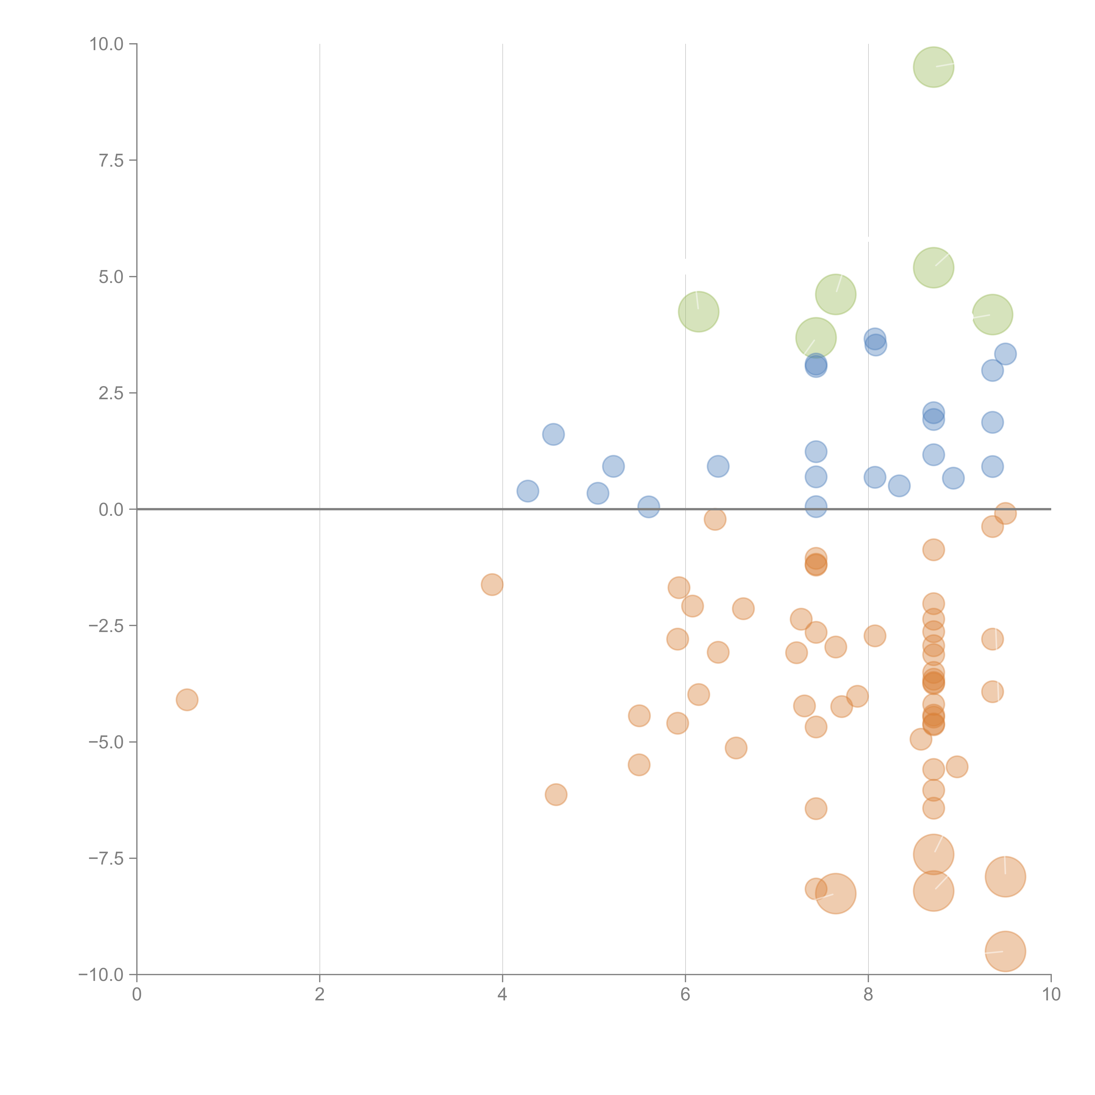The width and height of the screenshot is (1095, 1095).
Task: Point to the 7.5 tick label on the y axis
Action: coord(111,160)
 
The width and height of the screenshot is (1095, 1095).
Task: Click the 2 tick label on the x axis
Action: coord(320,995)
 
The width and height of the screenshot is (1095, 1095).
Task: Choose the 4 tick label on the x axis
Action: coord(502,995)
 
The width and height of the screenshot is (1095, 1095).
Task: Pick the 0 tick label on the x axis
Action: coord(137,995)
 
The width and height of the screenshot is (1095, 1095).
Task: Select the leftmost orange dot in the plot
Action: coord(187,700)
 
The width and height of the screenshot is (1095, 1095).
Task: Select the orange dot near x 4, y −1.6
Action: coord(492,584)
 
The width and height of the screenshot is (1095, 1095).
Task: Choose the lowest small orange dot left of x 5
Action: coord(556,795)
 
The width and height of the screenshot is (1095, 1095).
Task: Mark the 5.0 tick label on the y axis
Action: coord(111,277)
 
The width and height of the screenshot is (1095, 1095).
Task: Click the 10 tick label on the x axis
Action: coord(1051,995)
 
